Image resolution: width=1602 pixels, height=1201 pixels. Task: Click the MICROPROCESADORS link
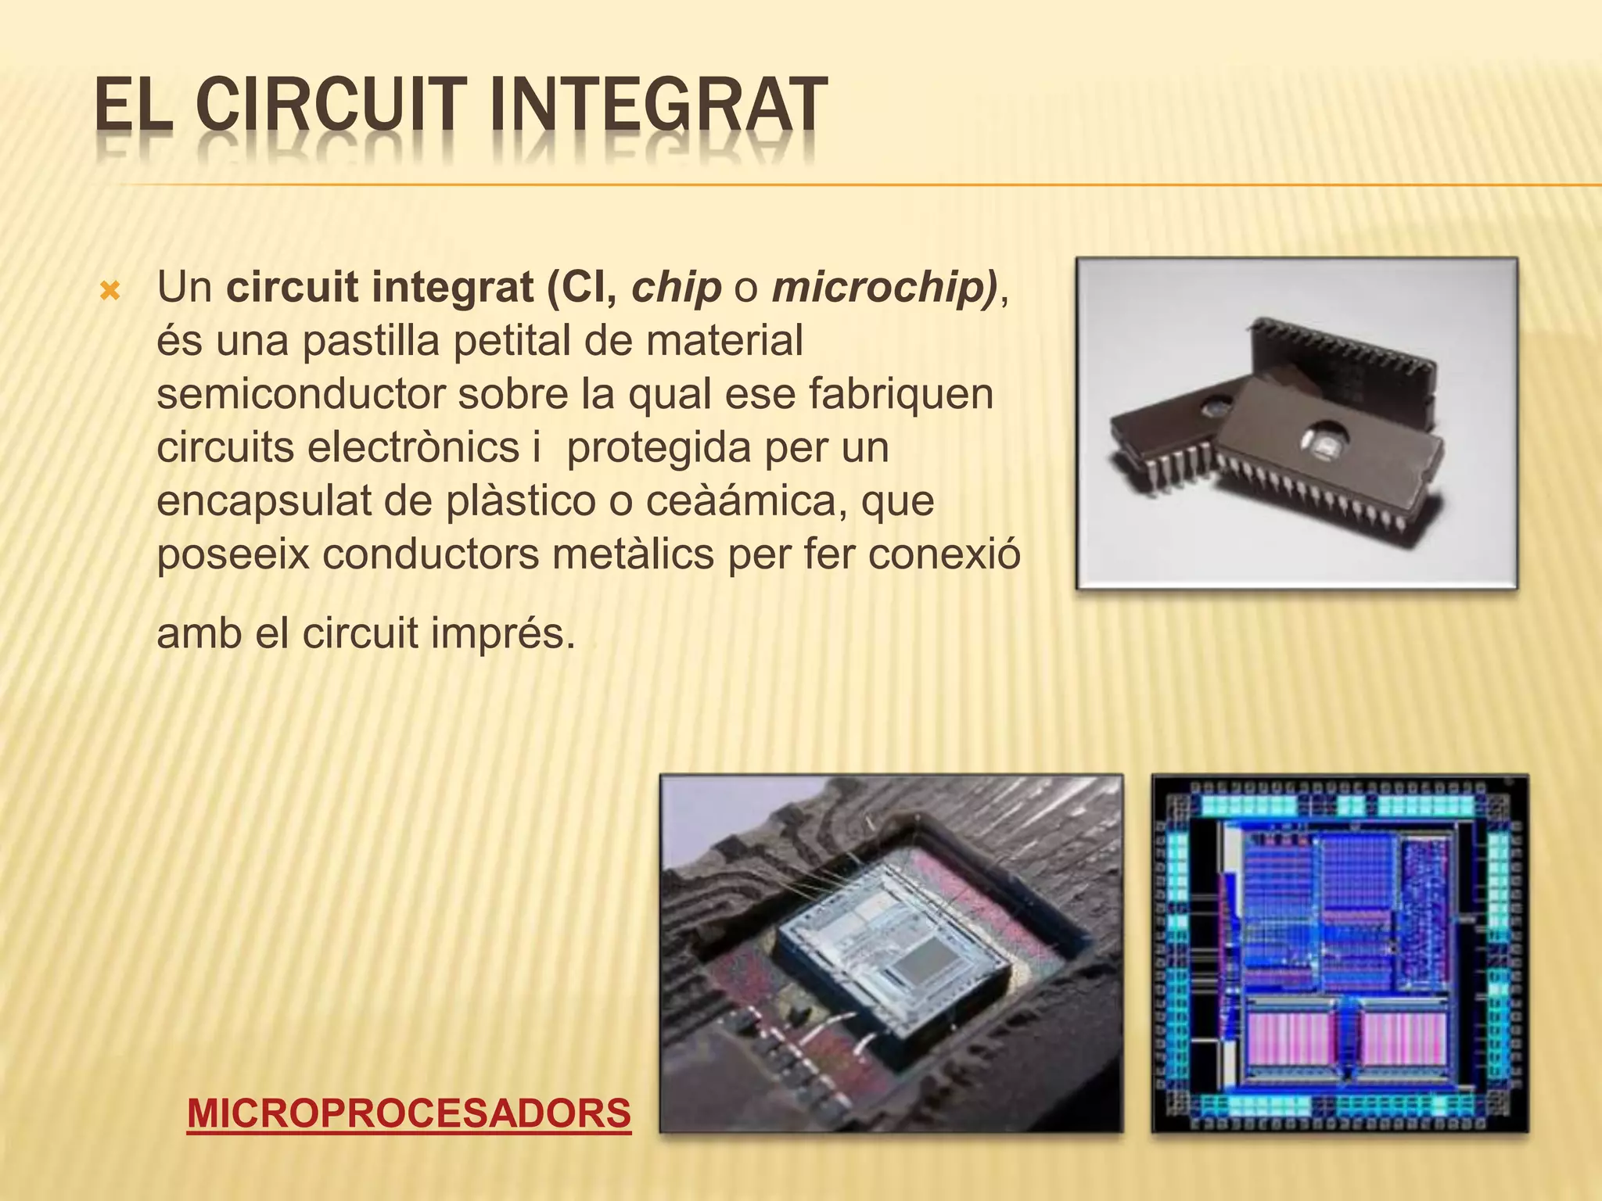tap(408, 1113)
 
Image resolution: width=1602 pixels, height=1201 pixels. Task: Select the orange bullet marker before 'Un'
tap(111, 292)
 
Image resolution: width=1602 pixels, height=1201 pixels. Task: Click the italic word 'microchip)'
tap(885, 288)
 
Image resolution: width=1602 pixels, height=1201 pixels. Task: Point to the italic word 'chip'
tap(676, 288)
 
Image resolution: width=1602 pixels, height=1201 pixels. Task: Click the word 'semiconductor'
tap(300, 394)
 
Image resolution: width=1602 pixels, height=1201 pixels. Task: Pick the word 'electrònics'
tap(412, 447)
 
